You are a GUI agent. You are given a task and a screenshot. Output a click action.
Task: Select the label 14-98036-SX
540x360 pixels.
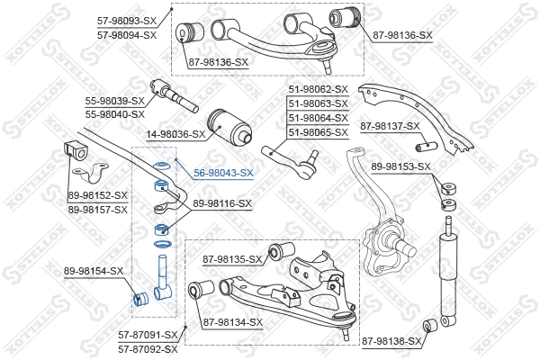(x=176, y=134)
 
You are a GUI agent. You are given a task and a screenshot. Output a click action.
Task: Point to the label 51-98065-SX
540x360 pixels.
(x=318, y=132)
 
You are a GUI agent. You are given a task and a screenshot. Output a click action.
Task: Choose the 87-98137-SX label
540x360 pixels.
(x=390, y=126)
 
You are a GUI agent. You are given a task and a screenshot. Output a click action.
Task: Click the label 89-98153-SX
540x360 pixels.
(x=401, y=166)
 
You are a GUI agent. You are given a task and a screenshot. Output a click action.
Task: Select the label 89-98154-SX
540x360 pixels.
(x=94, y=271)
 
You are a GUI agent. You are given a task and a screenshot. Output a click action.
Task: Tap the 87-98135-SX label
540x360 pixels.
(x=231, y=260)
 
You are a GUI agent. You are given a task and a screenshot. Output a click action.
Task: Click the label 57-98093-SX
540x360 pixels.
(x=126, y=20)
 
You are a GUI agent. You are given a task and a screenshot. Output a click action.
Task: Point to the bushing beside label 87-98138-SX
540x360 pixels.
(x=430, y=324)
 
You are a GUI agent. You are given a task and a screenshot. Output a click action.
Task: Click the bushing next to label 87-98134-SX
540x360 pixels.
(x=200, y=291)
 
